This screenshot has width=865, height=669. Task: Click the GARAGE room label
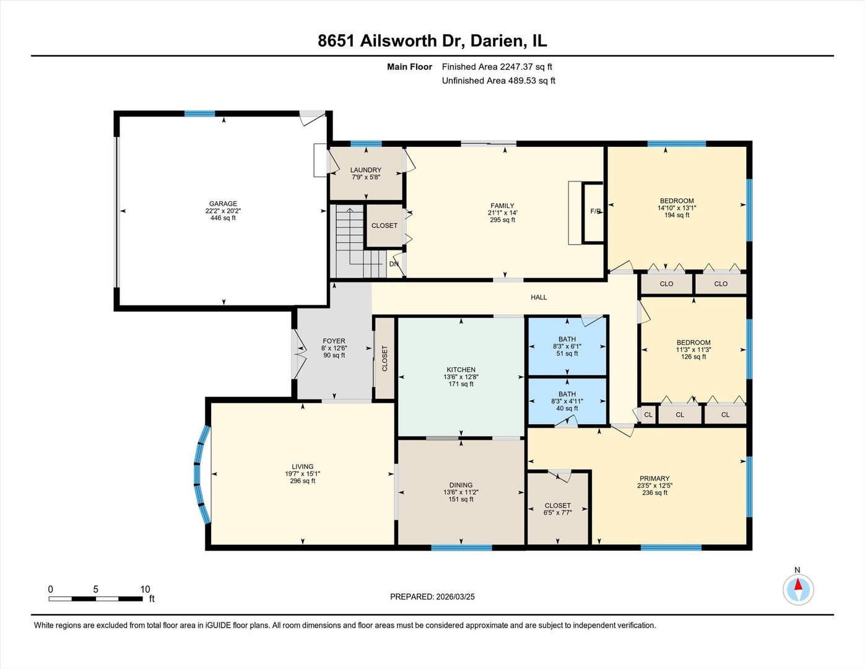point(223,203)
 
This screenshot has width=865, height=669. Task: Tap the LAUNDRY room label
point(365,170)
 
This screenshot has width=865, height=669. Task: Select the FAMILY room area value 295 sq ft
point(502,220)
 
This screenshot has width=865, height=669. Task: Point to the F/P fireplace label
point(596,211)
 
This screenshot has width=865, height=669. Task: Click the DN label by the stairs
point(394,264)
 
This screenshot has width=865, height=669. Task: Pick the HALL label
point(539,297)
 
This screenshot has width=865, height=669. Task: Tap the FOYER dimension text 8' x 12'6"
point(334,348)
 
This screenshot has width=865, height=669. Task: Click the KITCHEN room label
point(461,370)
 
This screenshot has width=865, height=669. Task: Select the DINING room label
point(461,485)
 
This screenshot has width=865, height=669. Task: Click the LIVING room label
point(303,466)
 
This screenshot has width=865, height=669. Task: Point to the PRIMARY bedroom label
point(654,478)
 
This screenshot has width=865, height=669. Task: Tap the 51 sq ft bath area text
point(567,354)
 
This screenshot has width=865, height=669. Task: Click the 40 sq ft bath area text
point(567,409)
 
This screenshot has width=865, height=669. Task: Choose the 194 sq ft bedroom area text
point(677,215)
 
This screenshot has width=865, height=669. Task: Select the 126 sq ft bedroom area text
point(693,357)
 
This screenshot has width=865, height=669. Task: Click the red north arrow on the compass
point(798,584)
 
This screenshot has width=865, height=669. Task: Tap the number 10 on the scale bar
point(146,589)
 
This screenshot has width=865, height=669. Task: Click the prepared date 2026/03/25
point(455,597)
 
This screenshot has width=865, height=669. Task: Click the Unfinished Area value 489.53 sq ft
point(531,81)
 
